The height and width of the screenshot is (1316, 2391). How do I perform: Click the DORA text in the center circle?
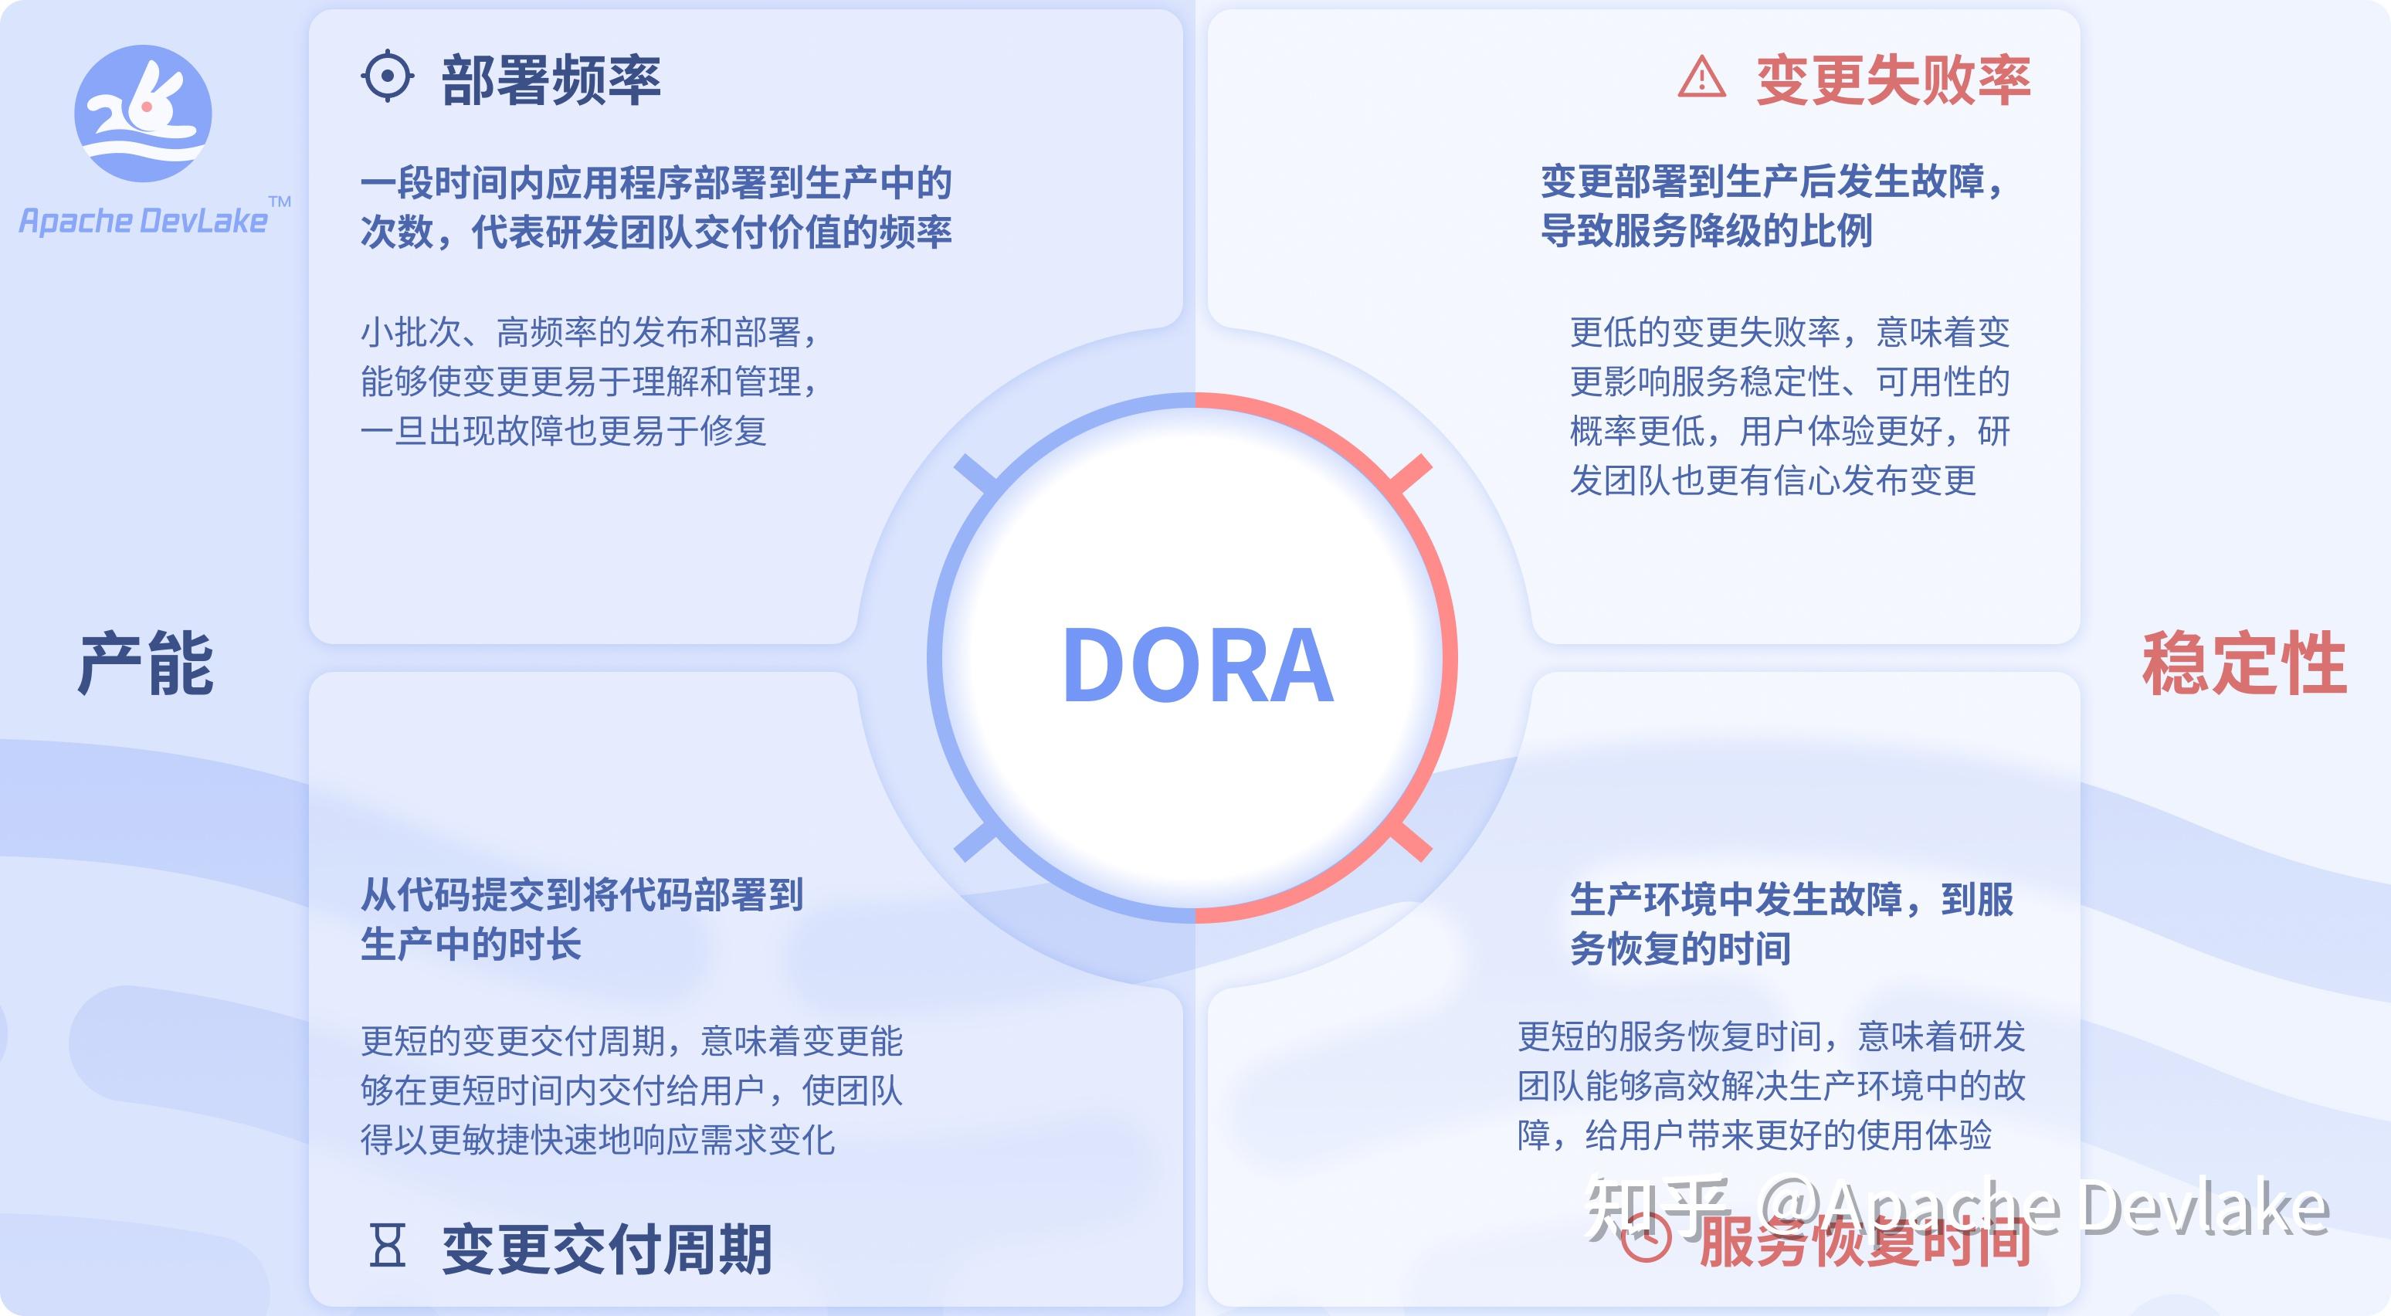pyautogui.click(x=1196, y=666)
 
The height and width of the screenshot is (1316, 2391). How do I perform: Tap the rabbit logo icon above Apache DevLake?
pyautogui.click(x=143, y=114)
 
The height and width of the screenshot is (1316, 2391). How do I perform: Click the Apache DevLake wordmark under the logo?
pyautogui.click(x=143, y=221)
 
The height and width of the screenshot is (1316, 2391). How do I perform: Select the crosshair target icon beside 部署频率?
pyautogui.click(x=386, y=76)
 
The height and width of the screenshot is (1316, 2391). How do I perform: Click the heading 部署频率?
pyautogui.click(x=551, y=80)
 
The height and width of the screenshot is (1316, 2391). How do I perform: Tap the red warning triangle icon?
pyautogui.click(x=1701, y=78)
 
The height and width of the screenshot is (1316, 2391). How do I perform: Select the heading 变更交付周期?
pyautogui.click(x=606, y=1249)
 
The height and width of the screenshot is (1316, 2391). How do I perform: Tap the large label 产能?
pyautogui.click(x=146, y=664)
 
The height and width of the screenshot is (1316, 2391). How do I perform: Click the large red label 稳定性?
pyautogui.click(x=2243, y=664)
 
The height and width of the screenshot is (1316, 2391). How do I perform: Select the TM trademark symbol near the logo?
pyautogui.click(x=280, y=202)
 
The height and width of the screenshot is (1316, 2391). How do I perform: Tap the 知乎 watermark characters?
pyautogui.click(x=1657, y=1206)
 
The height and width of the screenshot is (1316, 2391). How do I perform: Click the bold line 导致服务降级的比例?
pyautogui.click(x=1706, y=230)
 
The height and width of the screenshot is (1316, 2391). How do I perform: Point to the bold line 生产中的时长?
pyautogui.click(x=470, y=944)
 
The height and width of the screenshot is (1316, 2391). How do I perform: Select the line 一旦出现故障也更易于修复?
pyautogui.click(x=564, y=431)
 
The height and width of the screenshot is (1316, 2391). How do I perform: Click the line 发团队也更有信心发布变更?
pyautogui.click(x=1773, y=480)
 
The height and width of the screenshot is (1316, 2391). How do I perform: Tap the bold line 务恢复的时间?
pyautogui.click(x=1680, y=948)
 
